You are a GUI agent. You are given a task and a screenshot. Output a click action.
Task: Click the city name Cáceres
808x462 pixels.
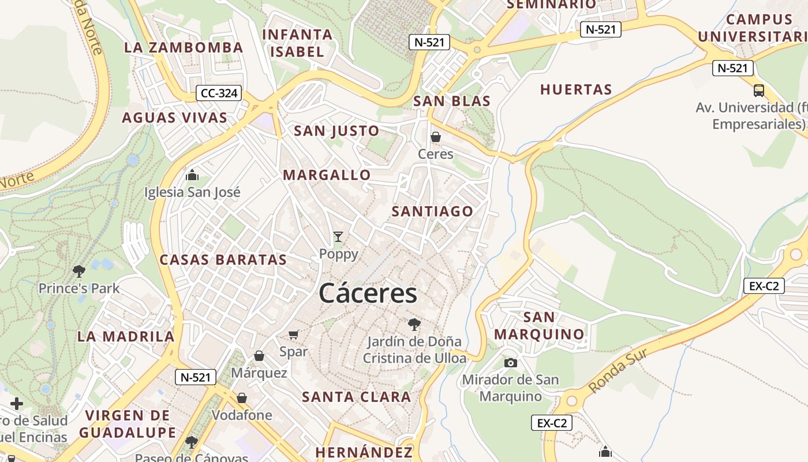coord(368,293)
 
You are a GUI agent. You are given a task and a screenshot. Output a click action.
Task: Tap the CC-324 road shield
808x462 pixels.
coord(218,92)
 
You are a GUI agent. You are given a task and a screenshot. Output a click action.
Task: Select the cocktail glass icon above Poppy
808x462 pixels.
coord(338,236)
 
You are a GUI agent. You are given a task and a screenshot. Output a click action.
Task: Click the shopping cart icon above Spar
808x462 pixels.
coord(293,334)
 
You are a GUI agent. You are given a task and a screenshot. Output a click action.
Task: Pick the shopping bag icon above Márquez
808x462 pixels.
coord(259,356)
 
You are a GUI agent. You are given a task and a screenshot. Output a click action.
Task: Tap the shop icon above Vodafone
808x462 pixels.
coord(242,398)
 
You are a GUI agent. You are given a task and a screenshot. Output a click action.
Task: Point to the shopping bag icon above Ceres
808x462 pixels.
coord(436,137)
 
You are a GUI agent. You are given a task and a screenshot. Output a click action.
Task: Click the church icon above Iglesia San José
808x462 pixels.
coord(192,175)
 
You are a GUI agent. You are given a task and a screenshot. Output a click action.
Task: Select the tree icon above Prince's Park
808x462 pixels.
coord(79,271)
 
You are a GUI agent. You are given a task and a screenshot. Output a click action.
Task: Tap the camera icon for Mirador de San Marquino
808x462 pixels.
coord(511,363)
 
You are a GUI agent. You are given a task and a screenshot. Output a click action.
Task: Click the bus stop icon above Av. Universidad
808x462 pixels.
coord(759,91)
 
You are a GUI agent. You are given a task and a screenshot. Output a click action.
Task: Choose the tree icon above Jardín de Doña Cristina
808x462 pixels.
coord(414,324)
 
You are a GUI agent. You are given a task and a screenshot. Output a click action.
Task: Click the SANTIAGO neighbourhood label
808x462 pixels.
coord(432,211)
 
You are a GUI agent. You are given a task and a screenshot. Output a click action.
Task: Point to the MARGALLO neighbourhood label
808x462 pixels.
coord(327,174)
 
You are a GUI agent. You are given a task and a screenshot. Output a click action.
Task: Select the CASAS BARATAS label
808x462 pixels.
coord(223,260)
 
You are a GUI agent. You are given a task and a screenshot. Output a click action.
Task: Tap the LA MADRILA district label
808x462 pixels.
coord(126,336)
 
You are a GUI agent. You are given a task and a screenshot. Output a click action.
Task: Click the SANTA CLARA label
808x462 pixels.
coord(357,397)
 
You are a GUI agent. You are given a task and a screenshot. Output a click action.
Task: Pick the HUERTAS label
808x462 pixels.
coord(576,90)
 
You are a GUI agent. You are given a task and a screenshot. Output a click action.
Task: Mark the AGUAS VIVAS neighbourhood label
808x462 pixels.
coord(174,118)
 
